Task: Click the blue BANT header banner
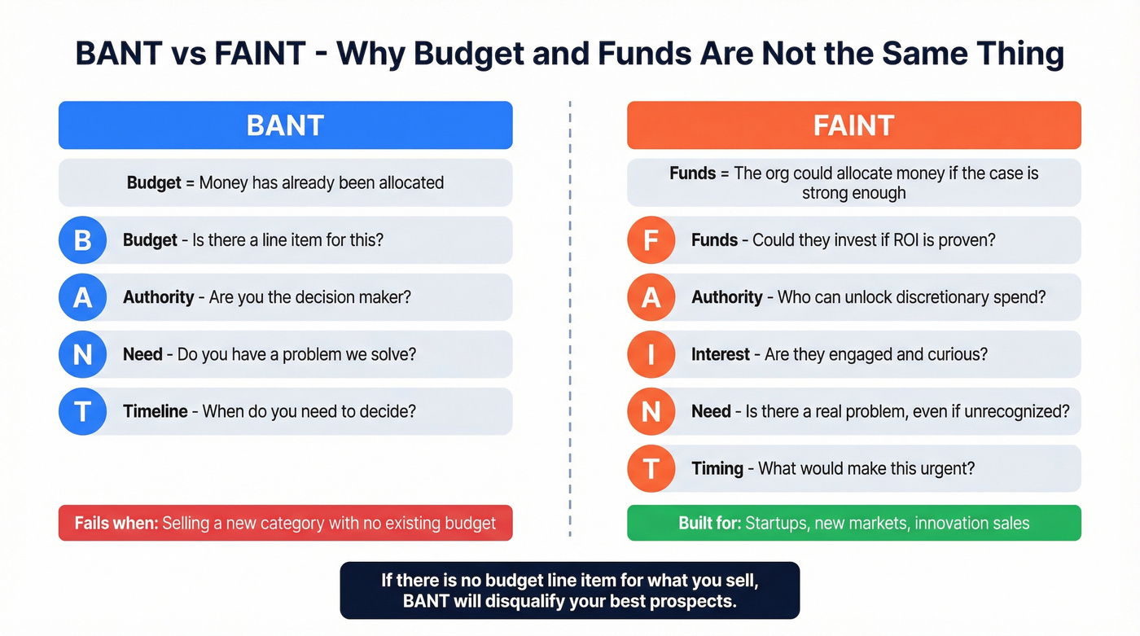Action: (285, 125)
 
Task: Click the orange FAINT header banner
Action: (853, 125)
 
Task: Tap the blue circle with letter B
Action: (82, 240)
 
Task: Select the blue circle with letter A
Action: (82, 297)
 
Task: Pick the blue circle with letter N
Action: (82, 354)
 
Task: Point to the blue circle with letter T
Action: (82, 411)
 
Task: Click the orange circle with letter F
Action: (651, 240)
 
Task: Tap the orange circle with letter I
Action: (651, 354)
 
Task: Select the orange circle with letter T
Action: (651, 468)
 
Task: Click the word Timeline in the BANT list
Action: (156, 411)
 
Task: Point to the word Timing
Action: (717, 468)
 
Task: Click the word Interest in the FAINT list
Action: (721, 354)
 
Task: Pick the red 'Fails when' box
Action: (285, 523)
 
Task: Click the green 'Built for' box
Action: (853, 523)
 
